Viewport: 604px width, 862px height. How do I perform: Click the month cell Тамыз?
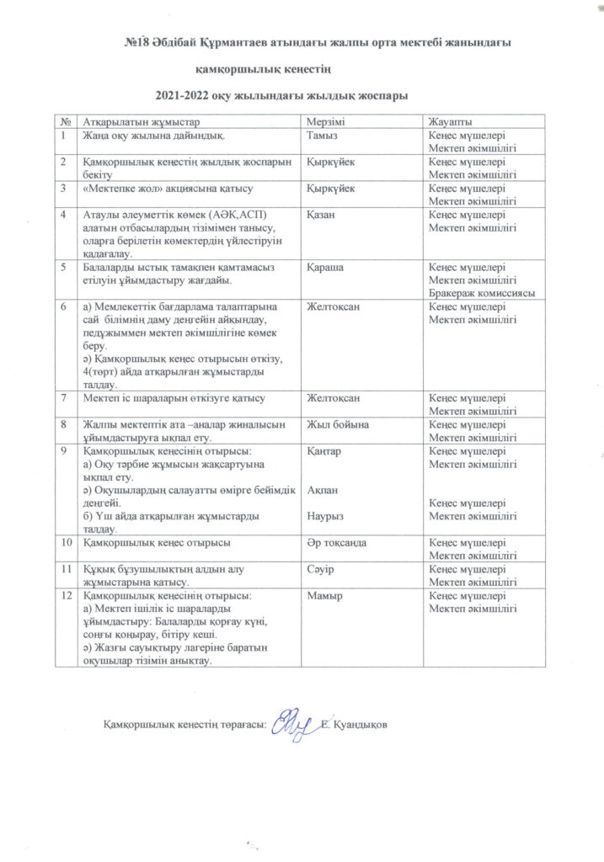[323, 136]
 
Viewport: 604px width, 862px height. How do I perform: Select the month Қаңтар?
[325, 451]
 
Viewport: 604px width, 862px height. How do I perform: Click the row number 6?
[63, 307]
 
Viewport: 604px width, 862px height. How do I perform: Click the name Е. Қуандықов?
[357, 725]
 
